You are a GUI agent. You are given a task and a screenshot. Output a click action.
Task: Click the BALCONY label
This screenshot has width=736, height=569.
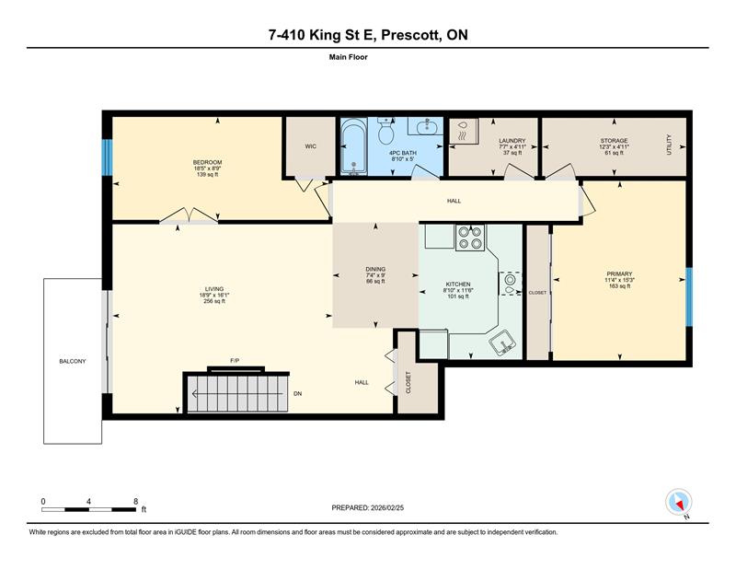73,361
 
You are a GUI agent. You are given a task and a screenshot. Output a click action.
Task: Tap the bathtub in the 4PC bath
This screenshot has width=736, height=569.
353,146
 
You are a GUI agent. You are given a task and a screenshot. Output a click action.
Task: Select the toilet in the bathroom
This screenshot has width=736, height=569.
386,131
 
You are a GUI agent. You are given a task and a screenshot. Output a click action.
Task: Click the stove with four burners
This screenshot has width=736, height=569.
470,238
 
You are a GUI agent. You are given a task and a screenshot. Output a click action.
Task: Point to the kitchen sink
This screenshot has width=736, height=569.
503,343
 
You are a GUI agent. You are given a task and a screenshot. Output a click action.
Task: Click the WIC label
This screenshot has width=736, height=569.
311,146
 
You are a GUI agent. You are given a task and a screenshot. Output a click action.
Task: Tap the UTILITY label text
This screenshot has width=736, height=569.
670,145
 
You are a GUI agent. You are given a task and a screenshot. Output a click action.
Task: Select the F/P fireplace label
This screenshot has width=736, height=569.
235,360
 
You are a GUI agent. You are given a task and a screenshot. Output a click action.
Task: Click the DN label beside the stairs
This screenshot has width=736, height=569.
297,394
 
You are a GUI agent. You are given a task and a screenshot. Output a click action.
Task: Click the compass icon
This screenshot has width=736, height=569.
679,502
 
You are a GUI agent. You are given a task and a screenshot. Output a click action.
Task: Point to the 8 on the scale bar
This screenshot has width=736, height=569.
136,502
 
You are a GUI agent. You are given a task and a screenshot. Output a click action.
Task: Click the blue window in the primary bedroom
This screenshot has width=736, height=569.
689,297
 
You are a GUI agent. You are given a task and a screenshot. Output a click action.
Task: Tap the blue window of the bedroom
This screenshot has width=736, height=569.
107,157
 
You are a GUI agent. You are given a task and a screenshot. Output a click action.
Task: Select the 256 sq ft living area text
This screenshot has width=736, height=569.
214,301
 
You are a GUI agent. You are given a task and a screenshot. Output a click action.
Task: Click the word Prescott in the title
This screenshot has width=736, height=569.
411,35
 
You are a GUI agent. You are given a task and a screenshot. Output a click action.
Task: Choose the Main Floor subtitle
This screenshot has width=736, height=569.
349,57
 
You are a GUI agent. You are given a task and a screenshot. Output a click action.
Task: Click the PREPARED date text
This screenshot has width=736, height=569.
367,508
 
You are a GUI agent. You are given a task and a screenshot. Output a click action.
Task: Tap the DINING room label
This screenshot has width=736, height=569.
375,269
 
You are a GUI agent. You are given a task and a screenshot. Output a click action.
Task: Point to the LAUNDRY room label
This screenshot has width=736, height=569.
512,141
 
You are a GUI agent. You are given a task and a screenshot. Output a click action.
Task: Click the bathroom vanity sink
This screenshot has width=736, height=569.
426,125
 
